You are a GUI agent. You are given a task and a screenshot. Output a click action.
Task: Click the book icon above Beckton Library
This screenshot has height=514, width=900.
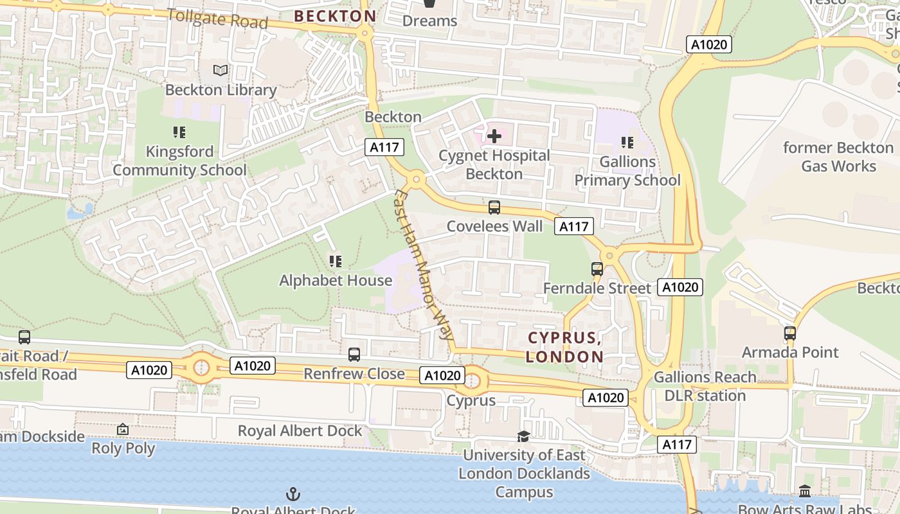(x=221, y=70)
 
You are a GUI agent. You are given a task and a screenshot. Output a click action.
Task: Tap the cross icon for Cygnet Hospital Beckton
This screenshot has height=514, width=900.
(x=494, y=136)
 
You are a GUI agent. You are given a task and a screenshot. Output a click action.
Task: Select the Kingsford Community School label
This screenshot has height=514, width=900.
(x=179, y=161)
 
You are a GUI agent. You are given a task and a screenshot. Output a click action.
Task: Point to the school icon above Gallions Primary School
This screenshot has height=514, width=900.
(x=627, y=142)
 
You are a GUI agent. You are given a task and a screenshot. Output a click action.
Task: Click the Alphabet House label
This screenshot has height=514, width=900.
(x=336, y=281)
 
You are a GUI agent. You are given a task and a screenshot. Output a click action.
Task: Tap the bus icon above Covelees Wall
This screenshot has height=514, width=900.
(x=494, y=208)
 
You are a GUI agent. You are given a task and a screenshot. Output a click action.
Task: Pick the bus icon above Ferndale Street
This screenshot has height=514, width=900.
(x=597, y=269)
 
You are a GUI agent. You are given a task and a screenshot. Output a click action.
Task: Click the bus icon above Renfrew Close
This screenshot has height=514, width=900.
(x=354, y=354)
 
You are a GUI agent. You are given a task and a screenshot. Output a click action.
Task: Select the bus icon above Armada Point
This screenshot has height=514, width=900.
(x=790, y=333)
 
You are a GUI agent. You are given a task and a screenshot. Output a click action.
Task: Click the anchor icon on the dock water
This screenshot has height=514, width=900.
(x=293, y=494)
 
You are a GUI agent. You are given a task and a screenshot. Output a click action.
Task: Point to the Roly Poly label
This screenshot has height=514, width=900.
(x=123, y=448)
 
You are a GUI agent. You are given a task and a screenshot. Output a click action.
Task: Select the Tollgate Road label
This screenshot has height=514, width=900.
(x=217, y=18)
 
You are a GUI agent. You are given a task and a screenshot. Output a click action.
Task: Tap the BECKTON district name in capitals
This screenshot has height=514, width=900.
(x=335, y=16)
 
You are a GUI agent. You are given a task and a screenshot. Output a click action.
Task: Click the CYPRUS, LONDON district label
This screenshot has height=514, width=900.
(x=564, y=347)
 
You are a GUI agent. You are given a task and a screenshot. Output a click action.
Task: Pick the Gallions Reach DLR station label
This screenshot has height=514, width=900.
(x=705, y=386)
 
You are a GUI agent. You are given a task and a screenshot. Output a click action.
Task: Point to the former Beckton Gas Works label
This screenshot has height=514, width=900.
(x=838, y=157)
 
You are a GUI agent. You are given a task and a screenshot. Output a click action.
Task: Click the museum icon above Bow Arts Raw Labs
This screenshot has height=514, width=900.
(x=805, y=492)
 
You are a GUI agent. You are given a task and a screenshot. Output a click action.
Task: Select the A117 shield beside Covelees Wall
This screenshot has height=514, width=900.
(x=574, y=226)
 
